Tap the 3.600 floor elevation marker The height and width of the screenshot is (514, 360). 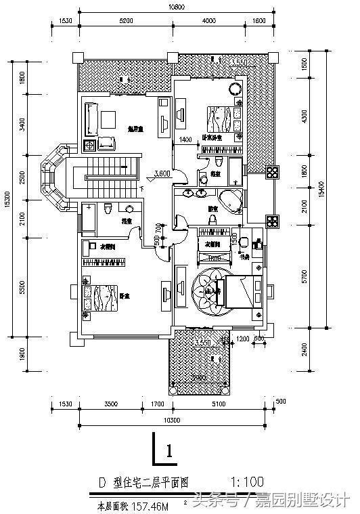tap(162, 174)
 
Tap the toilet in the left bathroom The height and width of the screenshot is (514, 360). tap(108, 209)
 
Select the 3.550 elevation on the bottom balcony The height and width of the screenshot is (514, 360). tap(202, 344)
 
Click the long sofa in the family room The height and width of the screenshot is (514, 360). tap(91, 118)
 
